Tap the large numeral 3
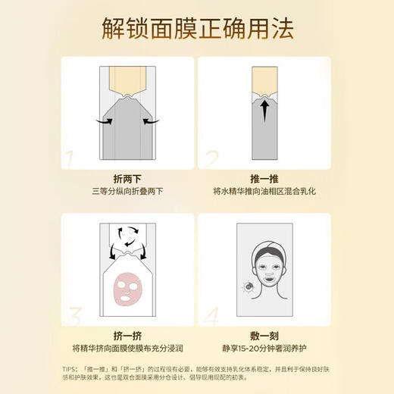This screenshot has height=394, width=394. point(71,314)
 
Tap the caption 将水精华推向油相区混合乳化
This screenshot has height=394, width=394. point(264,193)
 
